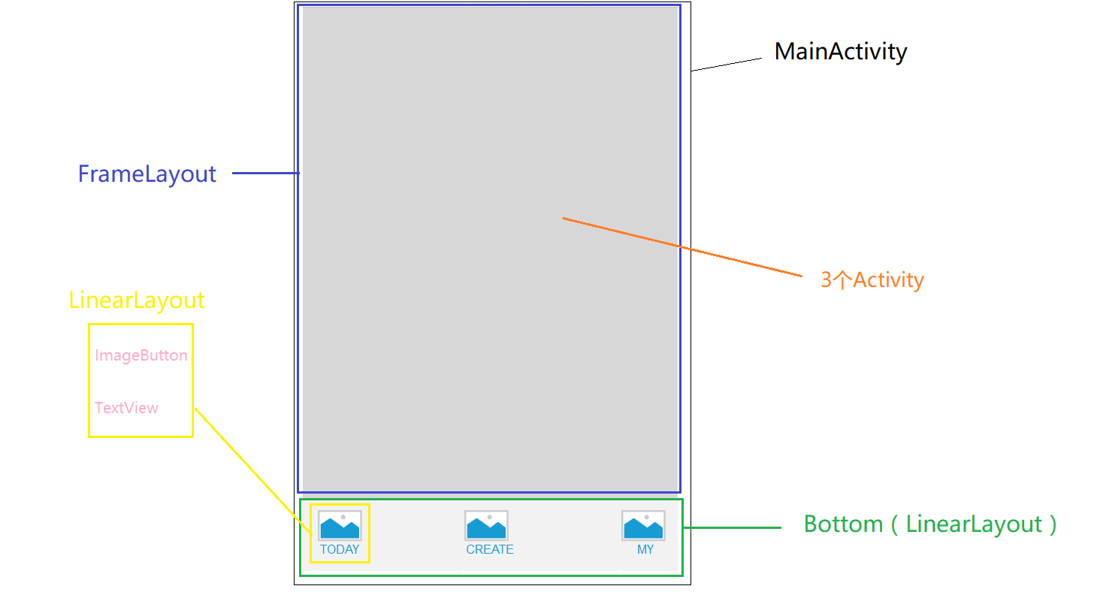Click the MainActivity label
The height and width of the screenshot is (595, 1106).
(x=841, y=52)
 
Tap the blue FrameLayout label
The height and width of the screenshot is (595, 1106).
(x=147, y=174)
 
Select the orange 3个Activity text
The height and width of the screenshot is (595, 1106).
(x=872, y=280)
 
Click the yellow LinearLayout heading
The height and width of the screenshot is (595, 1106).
(x=137, y=301)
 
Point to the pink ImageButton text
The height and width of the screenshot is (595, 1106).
(x=141, y=355)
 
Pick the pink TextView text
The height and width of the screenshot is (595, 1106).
(x=126, y=408)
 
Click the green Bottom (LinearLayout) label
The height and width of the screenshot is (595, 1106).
(x=930, y=524)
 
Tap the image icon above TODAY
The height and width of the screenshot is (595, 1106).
(x=340, y=525)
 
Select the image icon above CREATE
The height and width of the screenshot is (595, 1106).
(x=486, y=525)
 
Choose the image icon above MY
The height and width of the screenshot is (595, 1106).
(x=643, y=525)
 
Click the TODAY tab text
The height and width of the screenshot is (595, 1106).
(x=340, y=549)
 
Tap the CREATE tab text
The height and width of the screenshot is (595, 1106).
(x=490, y=549)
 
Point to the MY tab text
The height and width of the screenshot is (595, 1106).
(x=645, y=549)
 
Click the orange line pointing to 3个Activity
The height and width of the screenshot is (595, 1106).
(x=682, y=247)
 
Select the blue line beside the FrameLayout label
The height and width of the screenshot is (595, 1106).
(x=266, y=173)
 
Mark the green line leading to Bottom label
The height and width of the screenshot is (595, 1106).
(x=733, y=527)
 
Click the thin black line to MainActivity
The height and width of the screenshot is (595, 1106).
(x=727, y=65)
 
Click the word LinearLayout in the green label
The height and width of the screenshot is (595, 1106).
(x=975, y=524)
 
